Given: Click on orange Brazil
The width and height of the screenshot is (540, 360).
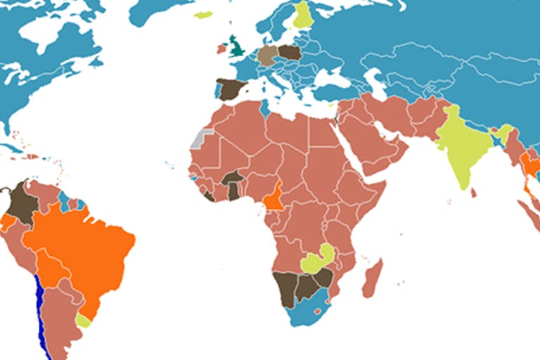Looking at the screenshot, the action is pos(84,246).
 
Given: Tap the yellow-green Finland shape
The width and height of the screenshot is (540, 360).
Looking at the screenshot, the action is pos(303,15).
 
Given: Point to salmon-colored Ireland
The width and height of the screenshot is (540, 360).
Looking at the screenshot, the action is pos(221,49).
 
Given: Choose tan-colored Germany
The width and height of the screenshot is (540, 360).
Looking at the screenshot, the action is pos(268,55).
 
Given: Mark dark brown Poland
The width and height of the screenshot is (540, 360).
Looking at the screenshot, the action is pos(289,51).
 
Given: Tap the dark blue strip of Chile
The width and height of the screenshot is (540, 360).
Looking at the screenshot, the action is pos(40,309).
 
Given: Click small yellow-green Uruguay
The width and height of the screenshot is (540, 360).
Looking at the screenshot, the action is pos(84,321).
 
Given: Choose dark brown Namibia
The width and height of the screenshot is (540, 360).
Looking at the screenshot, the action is pos(285,288).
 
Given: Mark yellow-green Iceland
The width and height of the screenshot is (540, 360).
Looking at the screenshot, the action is pos(204,15).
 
